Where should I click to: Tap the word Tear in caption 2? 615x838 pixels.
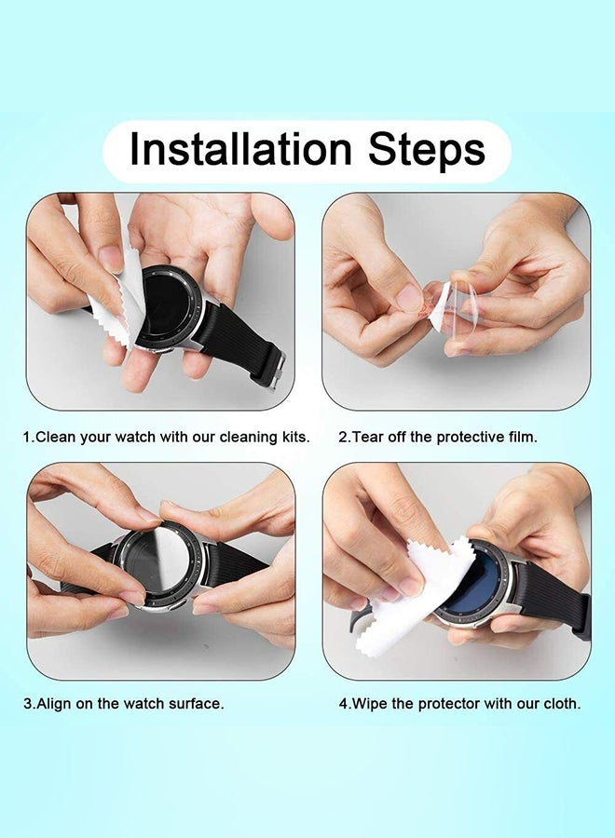coord(367,436)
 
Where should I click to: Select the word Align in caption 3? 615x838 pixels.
coord(57,704)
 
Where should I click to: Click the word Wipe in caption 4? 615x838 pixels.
coord(370,704)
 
